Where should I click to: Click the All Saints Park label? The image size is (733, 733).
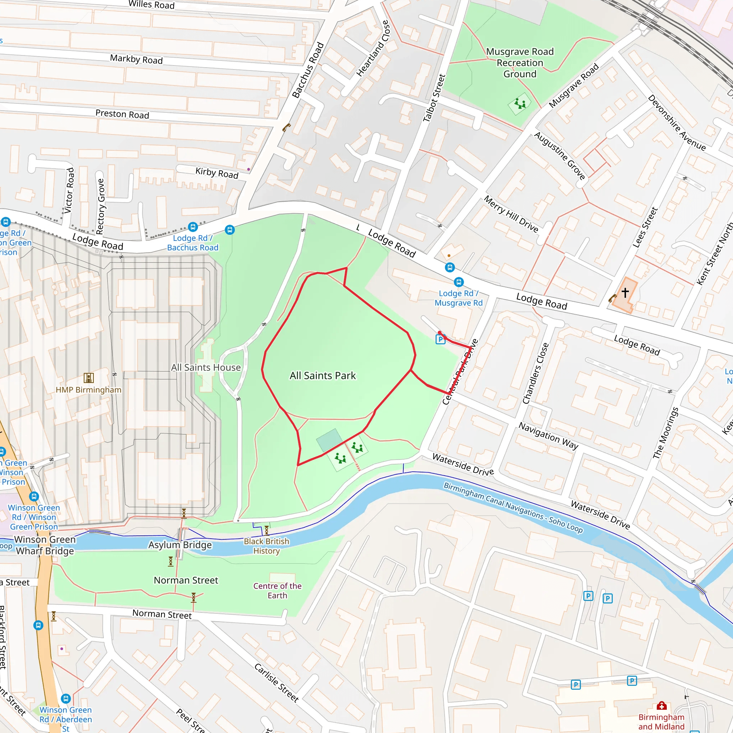(x=322, y=375)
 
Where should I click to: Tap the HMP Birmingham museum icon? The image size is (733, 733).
(x=88, y=378)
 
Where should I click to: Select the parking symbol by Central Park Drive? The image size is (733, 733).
(x=440, y=339)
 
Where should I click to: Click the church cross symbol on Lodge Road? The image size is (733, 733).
(x=625, y=292)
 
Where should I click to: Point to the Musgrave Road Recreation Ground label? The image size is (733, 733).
(x=520, y=63)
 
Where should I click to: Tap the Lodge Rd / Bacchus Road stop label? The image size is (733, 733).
(x=193, y=243)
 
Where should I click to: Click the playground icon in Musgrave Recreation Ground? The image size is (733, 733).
(x=520, y=103)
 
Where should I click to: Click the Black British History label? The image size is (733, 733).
(x=266, y=546)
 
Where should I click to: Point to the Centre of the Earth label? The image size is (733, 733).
(x=277, y=591)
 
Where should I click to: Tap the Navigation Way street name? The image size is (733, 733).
(x=548, y=436)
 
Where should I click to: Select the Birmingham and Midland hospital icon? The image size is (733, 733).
(x=662, y=706)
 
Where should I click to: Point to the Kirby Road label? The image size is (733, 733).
(x=217, y=173)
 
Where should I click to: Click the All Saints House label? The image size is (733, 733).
(x=206, y=367)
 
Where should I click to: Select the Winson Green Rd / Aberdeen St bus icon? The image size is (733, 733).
(x=65, y=699)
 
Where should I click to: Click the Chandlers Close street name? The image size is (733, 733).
(x=535, y=373)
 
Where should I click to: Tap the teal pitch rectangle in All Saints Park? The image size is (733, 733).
(x=329, y=440)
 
